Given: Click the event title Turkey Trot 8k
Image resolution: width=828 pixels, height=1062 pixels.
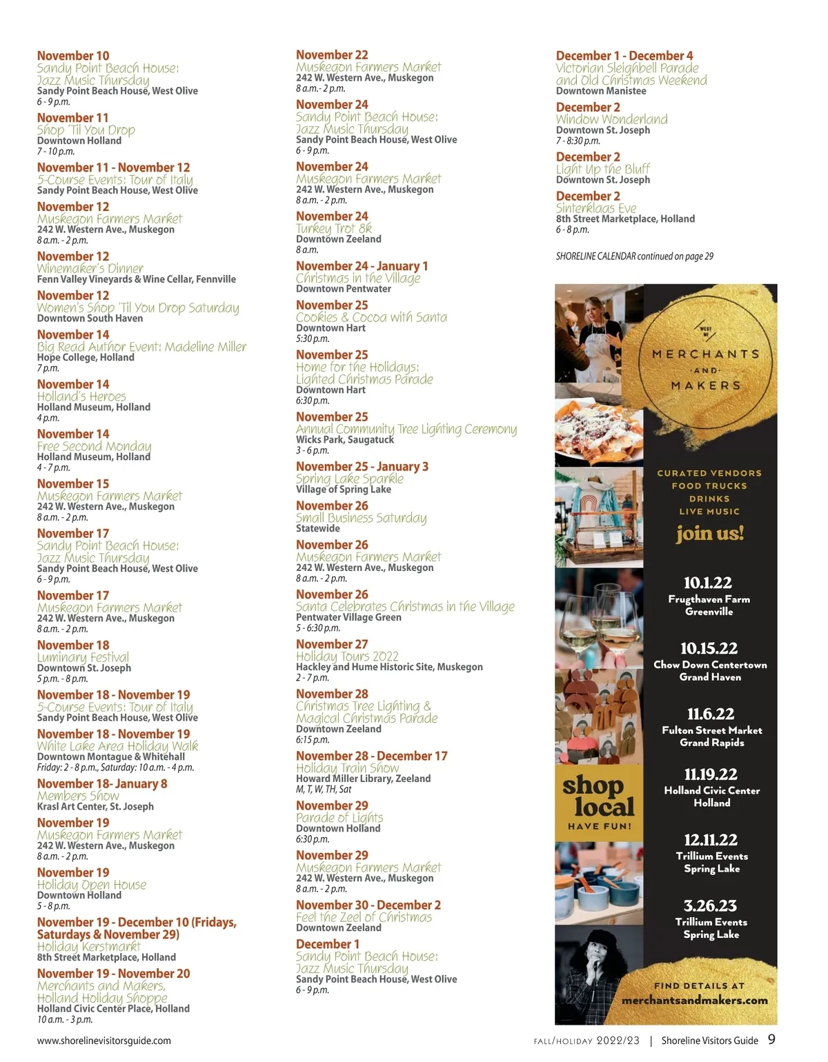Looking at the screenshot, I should click(x=334, y=228).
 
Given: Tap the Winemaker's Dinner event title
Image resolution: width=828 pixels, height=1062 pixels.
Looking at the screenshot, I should click(x=90, y=268).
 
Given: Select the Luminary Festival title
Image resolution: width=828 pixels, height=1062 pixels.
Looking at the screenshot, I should click(x=83, y=657).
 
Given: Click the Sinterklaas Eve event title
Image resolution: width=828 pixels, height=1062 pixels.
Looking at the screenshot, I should click(x=596, y=208).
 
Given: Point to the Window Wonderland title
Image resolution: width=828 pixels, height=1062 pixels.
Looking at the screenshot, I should click(x=611, y=119).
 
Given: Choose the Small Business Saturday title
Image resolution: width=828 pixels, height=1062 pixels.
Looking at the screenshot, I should click(x=361, y=518).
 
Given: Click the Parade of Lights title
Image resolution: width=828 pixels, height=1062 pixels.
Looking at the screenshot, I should click(x=339, y=818).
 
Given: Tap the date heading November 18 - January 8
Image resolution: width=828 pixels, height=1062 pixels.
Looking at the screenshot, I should click(x=102, y=783).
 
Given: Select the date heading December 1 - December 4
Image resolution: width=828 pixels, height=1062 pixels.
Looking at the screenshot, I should click(x=624, y=56).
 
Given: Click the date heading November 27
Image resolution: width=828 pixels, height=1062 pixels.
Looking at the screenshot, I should click(x=332, y=644).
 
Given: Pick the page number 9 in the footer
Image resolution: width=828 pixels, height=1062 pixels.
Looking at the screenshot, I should click(x=771, y=1040).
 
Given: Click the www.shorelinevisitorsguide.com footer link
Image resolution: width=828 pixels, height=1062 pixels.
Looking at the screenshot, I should click(x=104, y=1041).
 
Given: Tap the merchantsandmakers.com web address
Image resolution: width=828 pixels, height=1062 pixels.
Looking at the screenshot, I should click(x=694, y=1000).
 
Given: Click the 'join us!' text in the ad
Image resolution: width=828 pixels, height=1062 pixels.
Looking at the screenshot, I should click(x=709, y=533).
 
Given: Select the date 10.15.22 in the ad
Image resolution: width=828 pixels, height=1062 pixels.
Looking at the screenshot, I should click(x=709, y=648).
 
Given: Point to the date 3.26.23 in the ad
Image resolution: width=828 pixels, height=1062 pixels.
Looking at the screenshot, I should click(x=710, y=905).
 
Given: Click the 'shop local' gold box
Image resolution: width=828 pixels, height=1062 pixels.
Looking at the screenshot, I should click(x=598, y=803).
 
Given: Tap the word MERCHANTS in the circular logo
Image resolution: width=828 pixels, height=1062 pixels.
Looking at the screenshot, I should click(x=706, y=354).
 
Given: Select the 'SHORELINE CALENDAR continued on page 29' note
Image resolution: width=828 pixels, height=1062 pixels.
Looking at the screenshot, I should click(x=635, y=257).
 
